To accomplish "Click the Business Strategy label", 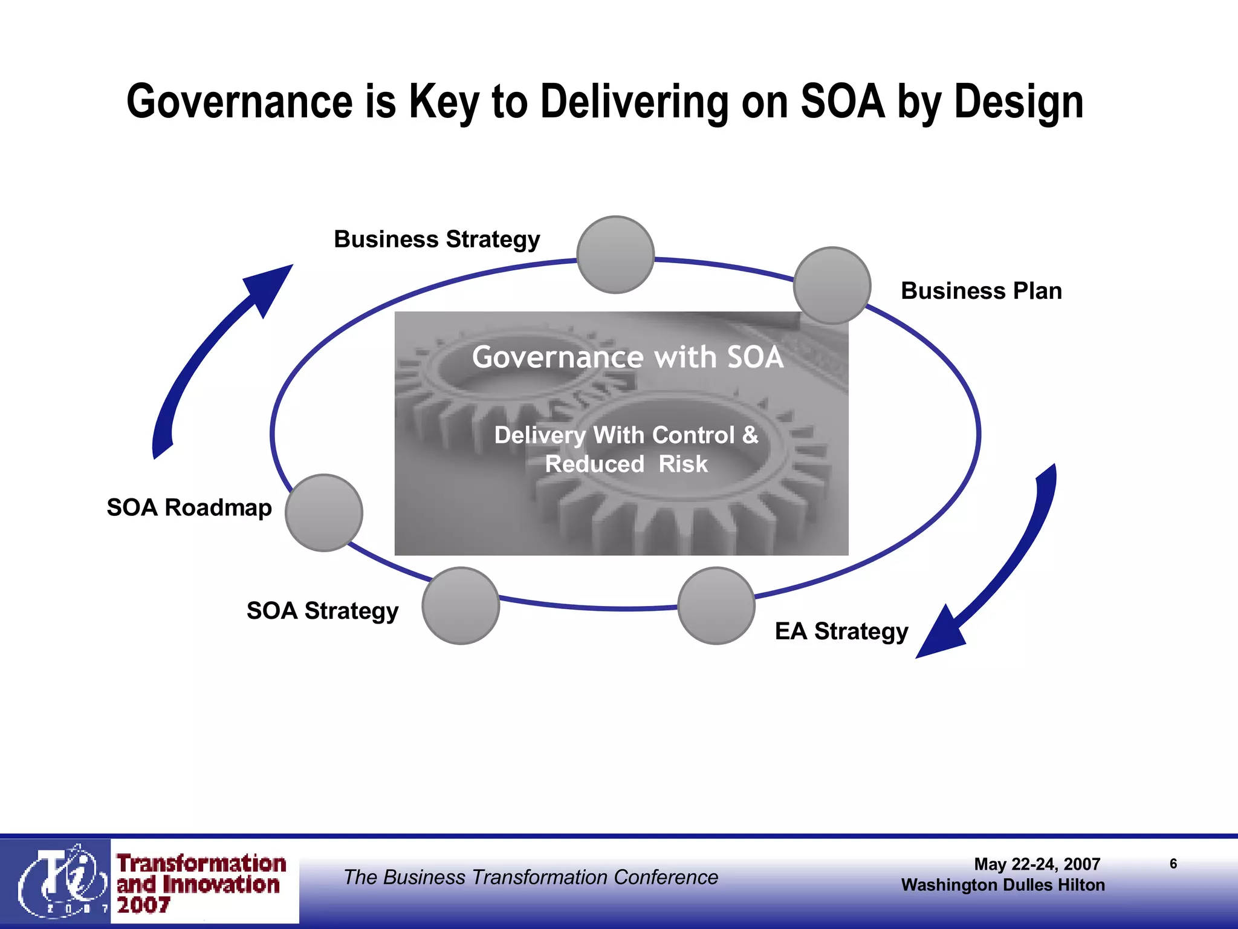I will coord(436,240).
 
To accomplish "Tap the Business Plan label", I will coord(981,291).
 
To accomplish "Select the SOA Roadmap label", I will coord(189,507).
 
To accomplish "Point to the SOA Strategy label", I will coord(322,611).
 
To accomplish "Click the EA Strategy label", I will coord(841,631).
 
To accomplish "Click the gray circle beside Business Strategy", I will coord(615,255).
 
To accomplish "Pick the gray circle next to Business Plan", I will coord(832,285).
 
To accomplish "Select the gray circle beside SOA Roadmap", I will coord(324,513).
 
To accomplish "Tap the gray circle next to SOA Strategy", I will coord(461,605).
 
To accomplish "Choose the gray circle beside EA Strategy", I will coord(716,605).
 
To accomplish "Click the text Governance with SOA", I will coord(627,357).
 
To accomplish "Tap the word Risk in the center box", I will coord(683,464).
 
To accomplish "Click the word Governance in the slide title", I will coord(239,102).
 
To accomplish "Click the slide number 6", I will coord(1173,864).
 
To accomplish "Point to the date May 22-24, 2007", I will coord(1037,864).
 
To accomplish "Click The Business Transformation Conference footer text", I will coord(531,877).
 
